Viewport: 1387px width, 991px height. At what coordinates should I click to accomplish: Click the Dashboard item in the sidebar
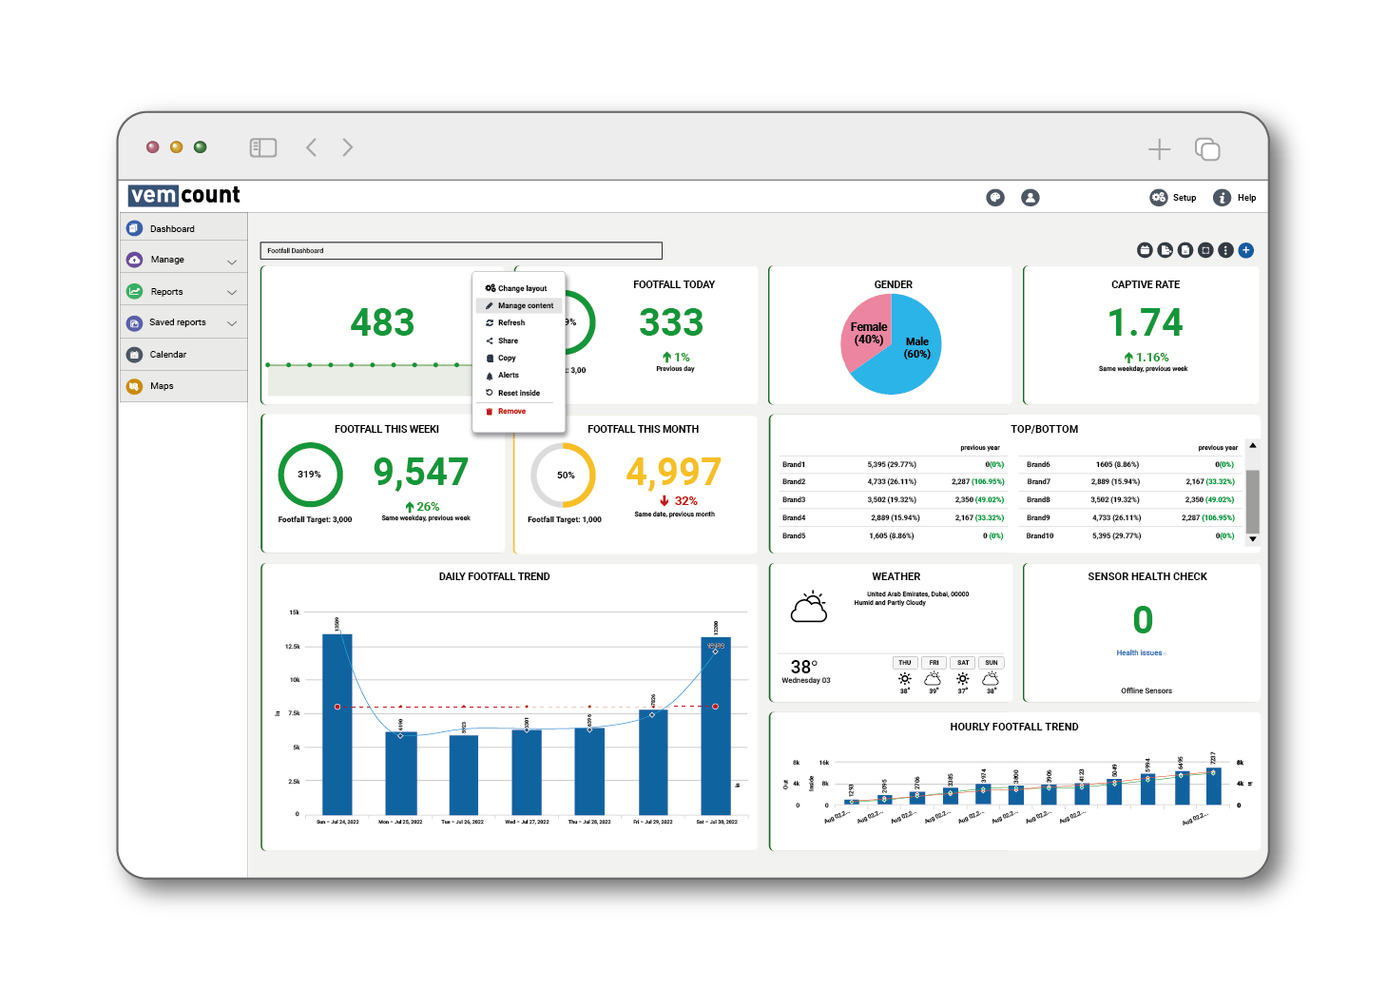[x=172, y=229]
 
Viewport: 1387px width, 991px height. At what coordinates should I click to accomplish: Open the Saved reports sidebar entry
[x=178, y=322]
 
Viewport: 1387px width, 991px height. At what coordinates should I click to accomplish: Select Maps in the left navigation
[x=162, y=386]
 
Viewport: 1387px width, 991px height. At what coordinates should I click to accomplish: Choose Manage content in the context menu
[x=525, y=306]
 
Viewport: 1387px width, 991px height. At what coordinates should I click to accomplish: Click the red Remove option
[x=511, y=412]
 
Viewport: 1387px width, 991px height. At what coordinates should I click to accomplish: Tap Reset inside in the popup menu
[x=518, y=393]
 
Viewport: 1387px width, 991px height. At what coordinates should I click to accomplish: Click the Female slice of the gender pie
[x=866, y=333]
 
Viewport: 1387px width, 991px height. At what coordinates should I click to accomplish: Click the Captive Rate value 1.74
[x=1145, y=323]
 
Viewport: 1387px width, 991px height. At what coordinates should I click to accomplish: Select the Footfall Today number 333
[x=671, y=323]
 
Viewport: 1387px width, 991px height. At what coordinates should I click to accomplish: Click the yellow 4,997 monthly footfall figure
[x=673, y=472]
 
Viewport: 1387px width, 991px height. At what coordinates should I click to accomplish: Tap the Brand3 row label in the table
[x=794, y=499]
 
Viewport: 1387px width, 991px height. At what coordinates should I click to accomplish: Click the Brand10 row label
[x=1040, y=536]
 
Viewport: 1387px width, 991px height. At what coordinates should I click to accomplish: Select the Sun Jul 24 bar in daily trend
[x=337, y=723]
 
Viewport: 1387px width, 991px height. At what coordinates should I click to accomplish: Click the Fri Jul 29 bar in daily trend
[x=653, y=761]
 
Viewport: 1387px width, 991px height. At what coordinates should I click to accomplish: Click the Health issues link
[x=1139, y=653]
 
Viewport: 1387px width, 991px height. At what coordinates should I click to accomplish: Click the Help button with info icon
[x=1235, y=198]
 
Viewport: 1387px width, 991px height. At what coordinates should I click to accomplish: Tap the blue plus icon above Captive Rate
[x=1246, y=250]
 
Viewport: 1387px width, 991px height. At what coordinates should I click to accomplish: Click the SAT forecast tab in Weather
[x=963, y=663]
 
